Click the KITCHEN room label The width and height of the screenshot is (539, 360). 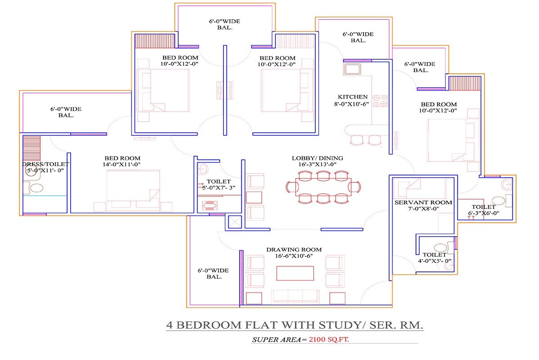click(x=353, y=97)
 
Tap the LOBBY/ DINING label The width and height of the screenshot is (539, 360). click(x=317, y=158)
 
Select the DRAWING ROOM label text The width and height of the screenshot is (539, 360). click(x=294, y=249)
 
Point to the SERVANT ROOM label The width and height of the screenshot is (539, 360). click(x=423, y=202)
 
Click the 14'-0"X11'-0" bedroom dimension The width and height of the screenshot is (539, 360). click(x=122, y=165)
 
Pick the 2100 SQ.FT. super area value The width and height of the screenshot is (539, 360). click(x=329, y=340)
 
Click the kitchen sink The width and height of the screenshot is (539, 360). click(x=352, y=69)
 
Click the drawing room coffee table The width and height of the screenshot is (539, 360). click(x=294, y=273)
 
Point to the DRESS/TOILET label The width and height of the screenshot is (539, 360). click(x=45, y=164)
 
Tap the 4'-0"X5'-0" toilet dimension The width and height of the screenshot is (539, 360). click(x=435, y=261)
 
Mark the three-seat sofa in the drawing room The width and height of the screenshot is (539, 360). click(x=294, y=297)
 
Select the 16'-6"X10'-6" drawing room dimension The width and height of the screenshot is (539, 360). click(x=294, y=256)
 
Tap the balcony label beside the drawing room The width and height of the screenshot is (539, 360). click(x=213, y=274)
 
